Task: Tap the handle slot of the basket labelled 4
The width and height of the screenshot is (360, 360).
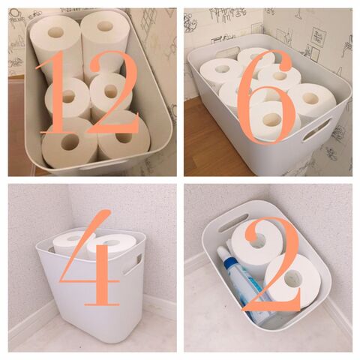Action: (x=133, y=264)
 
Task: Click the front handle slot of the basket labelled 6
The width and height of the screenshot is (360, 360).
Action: (x=317, y=130)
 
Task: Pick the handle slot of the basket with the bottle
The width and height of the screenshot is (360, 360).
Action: (x=233, y=223)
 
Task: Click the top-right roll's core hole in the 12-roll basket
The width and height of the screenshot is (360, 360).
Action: (x=105, y=26)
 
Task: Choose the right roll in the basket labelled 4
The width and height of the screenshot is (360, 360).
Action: (x=112, y=246)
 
